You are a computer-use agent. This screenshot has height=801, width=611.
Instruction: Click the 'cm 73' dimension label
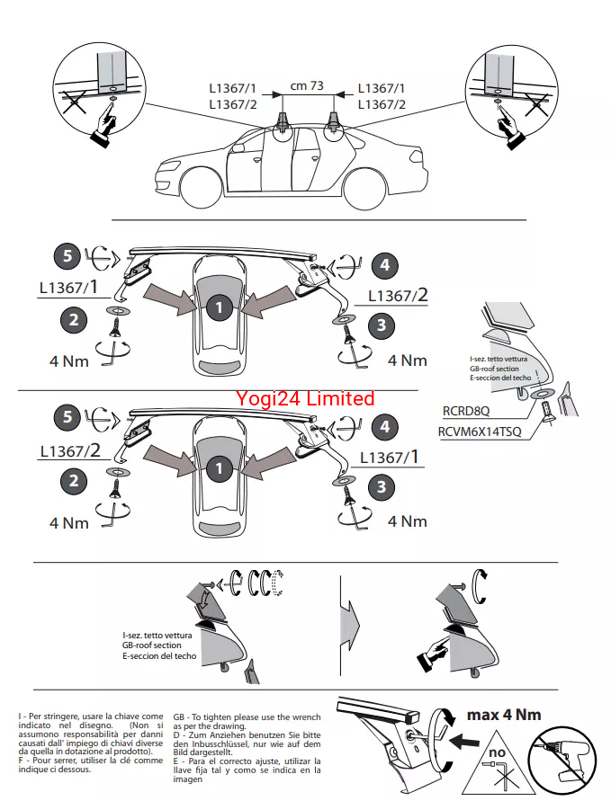307,86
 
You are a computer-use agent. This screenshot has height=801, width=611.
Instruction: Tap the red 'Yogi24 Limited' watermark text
305,397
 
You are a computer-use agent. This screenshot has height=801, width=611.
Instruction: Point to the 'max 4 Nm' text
505,715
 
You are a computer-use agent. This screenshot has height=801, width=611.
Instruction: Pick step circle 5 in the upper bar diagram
67,256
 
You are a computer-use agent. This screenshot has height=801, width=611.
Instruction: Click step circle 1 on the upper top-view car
219,308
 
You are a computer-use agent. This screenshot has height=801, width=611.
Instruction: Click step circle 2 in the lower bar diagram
74,480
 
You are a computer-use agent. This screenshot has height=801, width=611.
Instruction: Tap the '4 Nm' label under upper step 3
407,360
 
